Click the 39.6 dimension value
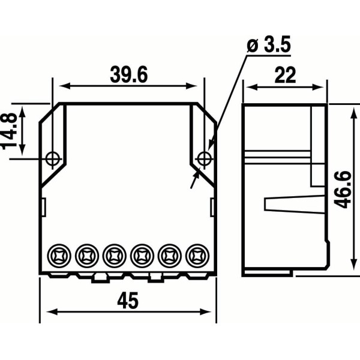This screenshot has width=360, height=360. [128, 74]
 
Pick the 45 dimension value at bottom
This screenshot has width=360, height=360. [128, 300]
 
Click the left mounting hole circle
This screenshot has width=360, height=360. [53, 158]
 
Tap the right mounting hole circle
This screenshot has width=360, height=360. [204, 158]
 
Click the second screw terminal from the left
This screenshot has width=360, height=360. [87, 256]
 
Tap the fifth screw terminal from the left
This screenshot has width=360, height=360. [169, 256]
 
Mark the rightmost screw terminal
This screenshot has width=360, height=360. [196, 256]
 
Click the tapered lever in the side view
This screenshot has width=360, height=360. [286, 203]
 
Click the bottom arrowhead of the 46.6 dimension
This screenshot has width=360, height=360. [350, 266]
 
